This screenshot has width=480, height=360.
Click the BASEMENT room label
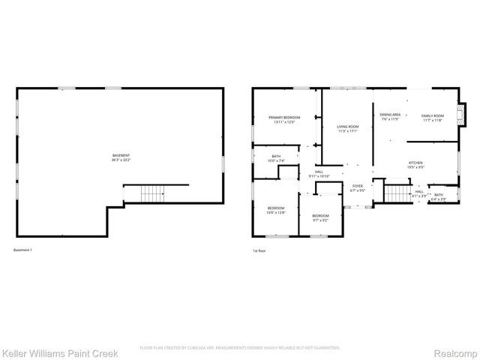121,157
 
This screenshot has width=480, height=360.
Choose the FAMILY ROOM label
433,116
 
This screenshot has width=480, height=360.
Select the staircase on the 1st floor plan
396,193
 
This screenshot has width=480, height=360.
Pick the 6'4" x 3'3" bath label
438,196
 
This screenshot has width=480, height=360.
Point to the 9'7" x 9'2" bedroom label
320,218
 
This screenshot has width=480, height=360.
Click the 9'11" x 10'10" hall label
319,174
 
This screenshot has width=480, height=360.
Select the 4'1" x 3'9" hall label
419,193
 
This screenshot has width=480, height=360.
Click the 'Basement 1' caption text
22,250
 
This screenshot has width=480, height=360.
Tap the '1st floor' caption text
259,250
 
